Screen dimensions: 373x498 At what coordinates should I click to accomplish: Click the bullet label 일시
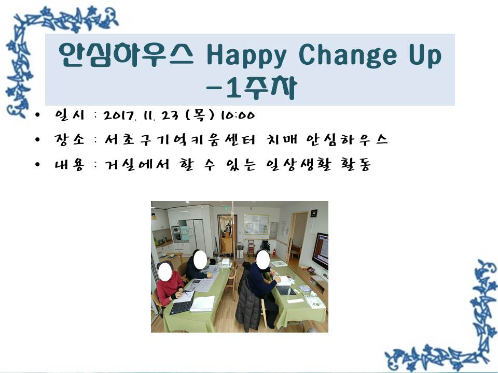70,114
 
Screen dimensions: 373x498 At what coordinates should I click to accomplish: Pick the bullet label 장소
70,139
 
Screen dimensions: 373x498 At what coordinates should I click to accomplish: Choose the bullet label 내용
70,165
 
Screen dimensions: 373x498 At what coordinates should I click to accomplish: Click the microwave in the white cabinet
176,229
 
